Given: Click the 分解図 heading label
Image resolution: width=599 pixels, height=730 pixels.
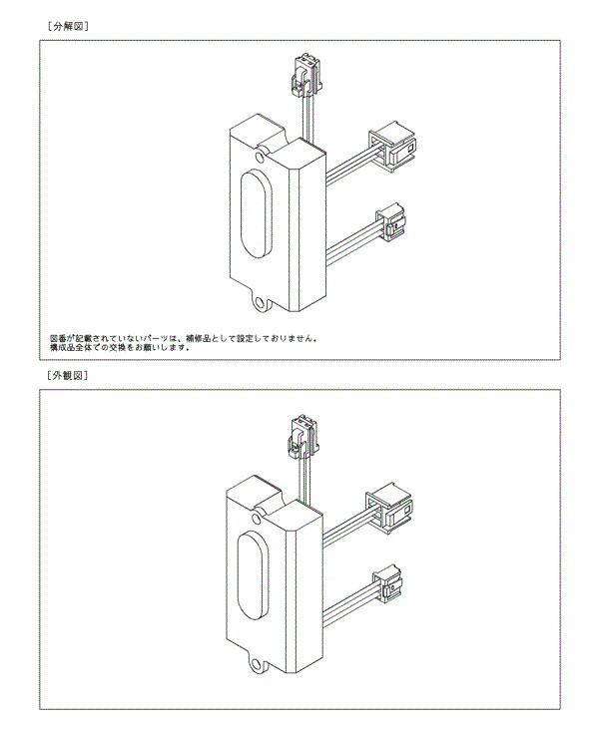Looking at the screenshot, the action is [x=68, y=27].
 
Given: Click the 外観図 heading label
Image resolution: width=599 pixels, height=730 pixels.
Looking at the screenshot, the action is [x=68, y=375].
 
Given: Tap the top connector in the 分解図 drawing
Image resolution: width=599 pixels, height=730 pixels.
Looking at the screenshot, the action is [x=306, y=75].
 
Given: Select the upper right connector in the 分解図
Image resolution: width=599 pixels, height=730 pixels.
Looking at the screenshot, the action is [x=392, y=147].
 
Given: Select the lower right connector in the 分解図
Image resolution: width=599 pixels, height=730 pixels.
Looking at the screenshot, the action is [x=390, y=222].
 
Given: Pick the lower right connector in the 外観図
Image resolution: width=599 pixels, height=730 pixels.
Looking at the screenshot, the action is [x=387, y=583].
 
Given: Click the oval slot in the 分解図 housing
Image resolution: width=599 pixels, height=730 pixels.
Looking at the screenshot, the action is [x=257, y=212].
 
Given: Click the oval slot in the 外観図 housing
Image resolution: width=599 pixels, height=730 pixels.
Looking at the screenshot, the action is [x=254, y=575].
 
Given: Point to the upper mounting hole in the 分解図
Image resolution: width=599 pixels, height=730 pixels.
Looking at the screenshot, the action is [x=260, y=156].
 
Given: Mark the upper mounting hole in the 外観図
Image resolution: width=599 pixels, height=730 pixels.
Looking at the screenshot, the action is [x=256, y=519].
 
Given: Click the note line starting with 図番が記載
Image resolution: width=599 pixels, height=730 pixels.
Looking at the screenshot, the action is [x=184, y=338].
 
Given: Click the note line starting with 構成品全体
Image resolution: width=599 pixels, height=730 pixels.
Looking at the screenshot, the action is [x=120, y=347].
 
